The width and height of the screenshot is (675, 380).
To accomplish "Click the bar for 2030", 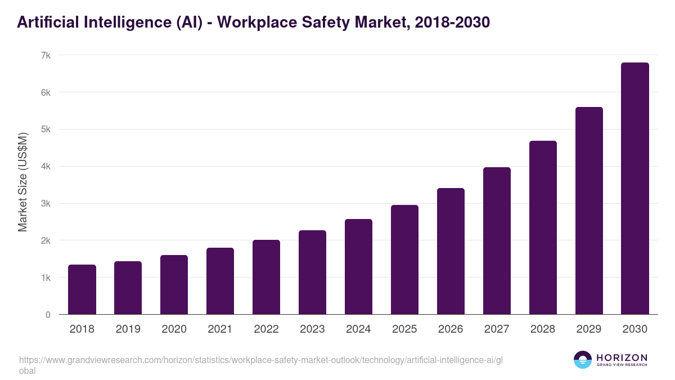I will (x=634, y=189).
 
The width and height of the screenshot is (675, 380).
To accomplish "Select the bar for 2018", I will (x=82, y=289).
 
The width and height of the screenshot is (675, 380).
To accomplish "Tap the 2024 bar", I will (x=358, y=267).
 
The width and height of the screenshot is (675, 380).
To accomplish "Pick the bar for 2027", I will (x=497, y=241).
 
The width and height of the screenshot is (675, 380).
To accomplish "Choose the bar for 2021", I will (x=220, y=281).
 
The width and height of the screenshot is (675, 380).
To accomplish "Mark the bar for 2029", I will (x=589, y=211).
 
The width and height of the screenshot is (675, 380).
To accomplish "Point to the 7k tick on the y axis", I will (x=46, y=56).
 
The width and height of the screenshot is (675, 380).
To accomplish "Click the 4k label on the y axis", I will (x=46, y=167).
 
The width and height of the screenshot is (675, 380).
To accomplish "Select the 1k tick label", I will (x=46, y=278).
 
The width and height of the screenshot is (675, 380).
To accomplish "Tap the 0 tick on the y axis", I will (x=48, y=315).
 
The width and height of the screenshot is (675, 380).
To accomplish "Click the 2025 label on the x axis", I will (x=404, y=329).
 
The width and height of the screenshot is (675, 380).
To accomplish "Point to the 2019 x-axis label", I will (x=128, y=329).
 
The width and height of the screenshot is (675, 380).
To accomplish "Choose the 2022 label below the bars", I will (x=266, y=329).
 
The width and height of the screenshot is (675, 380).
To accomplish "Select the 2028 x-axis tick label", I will (x=543, y=329).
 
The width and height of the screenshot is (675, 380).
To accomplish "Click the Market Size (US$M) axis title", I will (x=23, y=182).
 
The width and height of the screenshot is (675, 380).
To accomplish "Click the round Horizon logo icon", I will (x=582, y=360).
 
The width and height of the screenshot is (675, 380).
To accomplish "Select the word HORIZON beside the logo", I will (x=622, y=357).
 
